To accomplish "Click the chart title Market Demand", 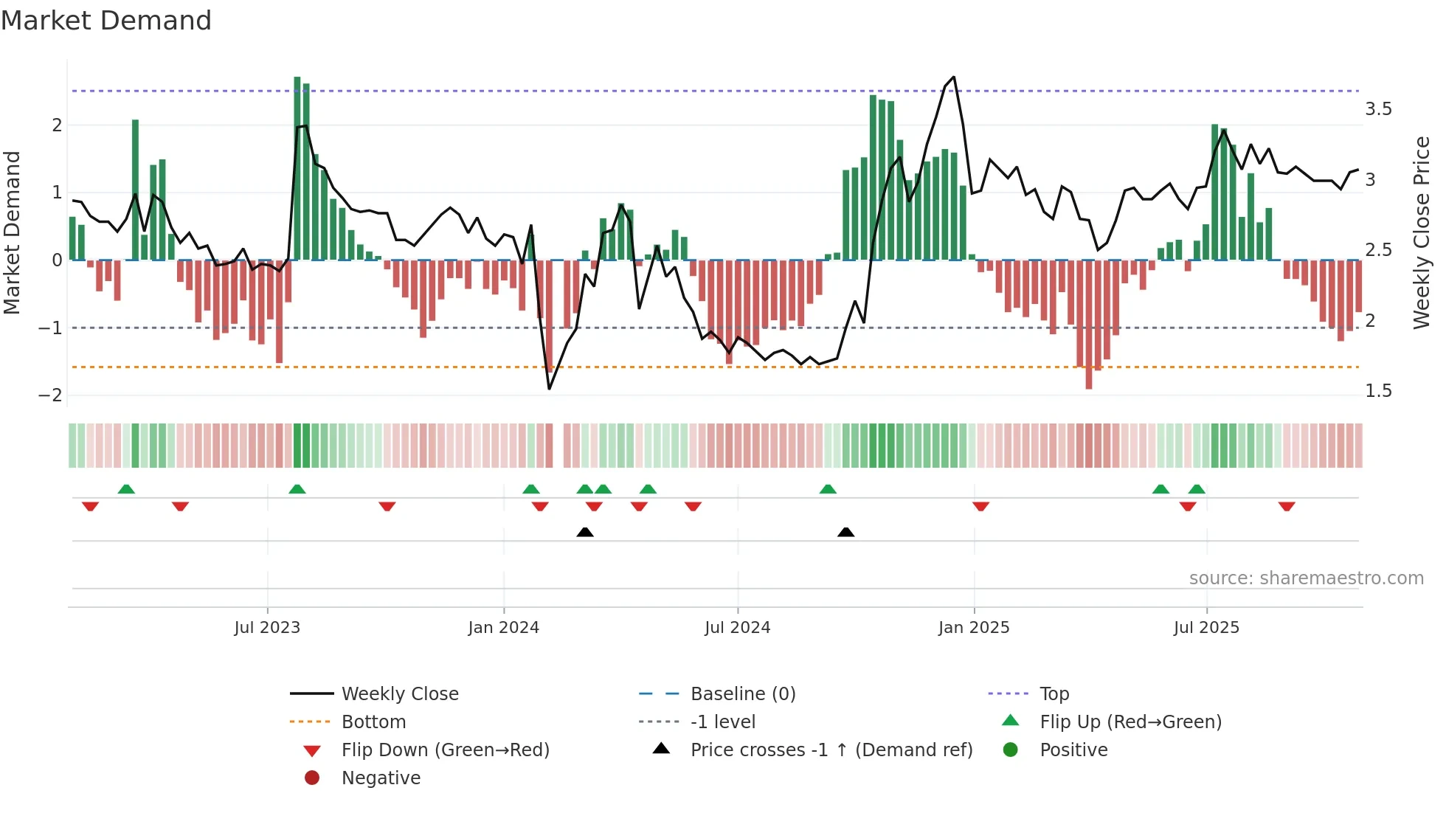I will point(106,21).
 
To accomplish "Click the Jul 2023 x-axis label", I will point(267,628).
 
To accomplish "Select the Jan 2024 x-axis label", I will point(503,628).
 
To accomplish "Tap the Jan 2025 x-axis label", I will point(973,628).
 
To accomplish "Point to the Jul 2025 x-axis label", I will point(1206,628).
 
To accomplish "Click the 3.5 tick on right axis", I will point(1377,109).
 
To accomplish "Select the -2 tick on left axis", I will point(50,395).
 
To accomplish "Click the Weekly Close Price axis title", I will point(1421,232).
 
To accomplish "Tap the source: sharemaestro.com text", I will point(1306,578).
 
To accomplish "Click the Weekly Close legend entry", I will point(399,694).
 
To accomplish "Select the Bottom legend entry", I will point(373,722).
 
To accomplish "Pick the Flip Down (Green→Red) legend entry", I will point(445,750).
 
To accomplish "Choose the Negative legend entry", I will point(381,778).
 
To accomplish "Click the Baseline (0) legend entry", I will point(742,694).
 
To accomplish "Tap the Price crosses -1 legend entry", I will point(831,750).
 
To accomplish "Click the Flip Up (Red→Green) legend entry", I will point(1130,722).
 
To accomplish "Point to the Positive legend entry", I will point(1073,750).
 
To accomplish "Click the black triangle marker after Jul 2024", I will point(846,532).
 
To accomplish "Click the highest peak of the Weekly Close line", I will point(954,77).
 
